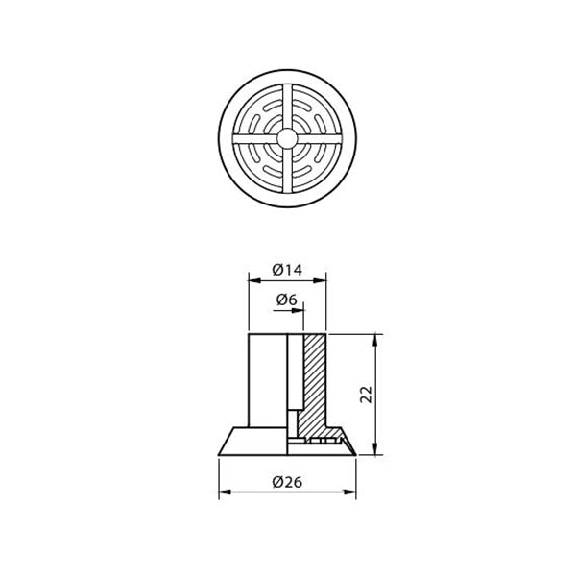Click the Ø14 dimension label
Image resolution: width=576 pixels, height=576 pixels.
(x=287, y=270)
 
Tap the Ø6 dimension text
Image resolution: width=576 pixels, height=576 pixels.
(x=286, y=300)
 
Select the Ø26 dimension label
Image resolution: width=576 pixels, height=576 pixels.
(x=287, y=483)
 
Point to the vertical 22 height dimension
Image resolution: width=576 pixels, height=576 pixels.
(x=366, y=394)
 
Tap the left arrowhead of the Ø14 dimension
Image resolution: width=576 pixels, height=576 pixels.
(x=252, y=279)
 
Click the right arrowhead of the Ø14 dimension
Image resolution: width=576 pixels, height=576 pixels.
(x=322, y=279)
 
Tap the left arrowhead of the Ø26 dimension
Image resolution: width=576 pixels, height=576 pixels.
(x=224, y=493)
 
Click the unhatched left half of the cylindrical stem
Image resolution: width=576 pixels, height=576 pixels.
(x=267, y=379)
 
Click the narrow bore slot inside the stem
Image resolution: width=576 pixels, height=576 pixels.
(x=295, y=379)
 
